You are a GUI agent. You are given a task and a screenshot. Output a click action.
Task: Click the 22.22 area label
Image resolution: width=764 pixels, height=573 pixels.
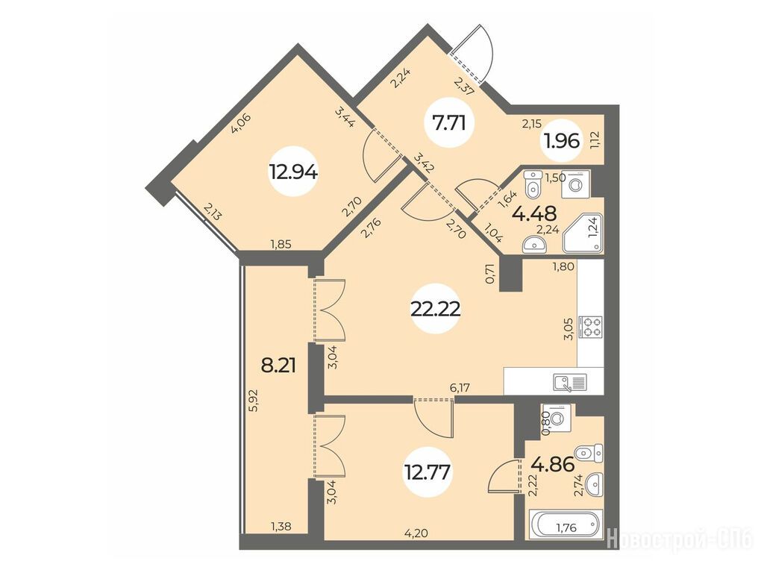point(436,310)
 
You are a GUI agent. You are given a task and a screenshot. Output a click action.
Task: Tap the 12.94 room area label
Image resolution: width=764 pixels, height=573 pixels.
point(294,172)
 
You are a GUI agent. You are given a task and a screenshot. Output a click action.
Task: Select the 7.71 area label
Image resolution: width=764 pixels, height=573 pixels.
point(448,123)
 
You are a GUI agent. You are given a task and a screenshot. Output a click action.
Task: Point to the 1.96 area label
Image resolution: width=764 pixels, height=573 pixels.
point(563,141)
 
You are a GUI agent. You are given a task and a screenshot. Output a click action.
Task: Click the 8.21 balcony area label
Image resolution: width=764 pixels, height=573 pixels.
point(279,365)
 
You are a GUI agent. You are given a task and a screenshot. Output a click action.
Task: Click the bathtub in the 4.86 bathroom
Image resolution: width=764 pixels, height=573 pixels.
point(566,525)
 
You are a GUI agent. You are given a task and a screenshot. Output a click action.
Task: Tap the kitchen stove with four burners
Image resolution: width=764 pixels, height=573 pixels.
point(591,327)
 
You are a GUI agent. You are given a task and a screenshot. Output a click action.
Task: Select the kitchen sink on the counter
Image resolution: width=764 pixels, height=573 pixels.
point(570,383)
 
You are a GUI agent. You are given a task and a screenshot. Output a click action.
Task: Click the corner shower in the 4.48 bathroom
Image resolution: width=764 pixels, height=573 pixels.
point(583,234)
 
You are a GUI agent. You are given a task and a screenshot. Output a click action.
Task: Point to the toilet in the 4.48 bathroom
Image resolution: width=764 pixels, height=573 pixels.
point(533,183)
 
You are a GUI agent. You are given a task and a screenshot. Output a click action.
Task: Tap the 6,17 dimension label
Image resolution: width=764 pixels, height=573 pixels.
point(460,388)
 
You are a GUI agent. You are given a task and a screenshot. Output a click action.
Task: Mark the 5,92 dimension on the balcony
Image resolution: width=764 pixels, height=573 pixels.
point(252,401)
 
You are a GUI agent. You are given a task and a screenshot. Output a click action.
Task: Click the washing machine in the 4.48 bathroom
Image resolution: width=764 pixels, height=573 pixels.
point(575,184)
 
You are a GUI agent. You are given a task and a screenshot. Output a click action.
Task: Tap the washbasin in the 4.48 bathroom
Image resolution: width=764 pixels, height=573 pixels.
point(534,244)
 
